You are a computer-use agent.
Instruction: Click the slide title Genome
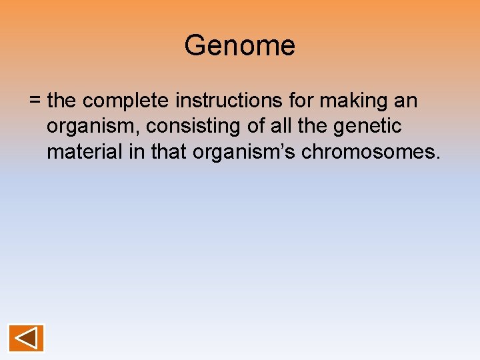coord(239,46)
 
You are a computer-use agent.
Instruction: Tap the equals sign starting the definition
coord(35,101)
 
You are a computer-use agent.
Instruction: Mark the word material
coord(84,152)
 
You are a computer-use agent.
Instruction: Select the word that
coord(169,152)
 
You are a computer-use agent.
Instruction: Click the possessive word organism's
coord(245,153)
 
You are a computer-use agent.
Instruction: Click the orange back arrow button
coord(26,338)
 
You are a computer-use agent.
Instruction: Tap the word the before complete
coord(63,101)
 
